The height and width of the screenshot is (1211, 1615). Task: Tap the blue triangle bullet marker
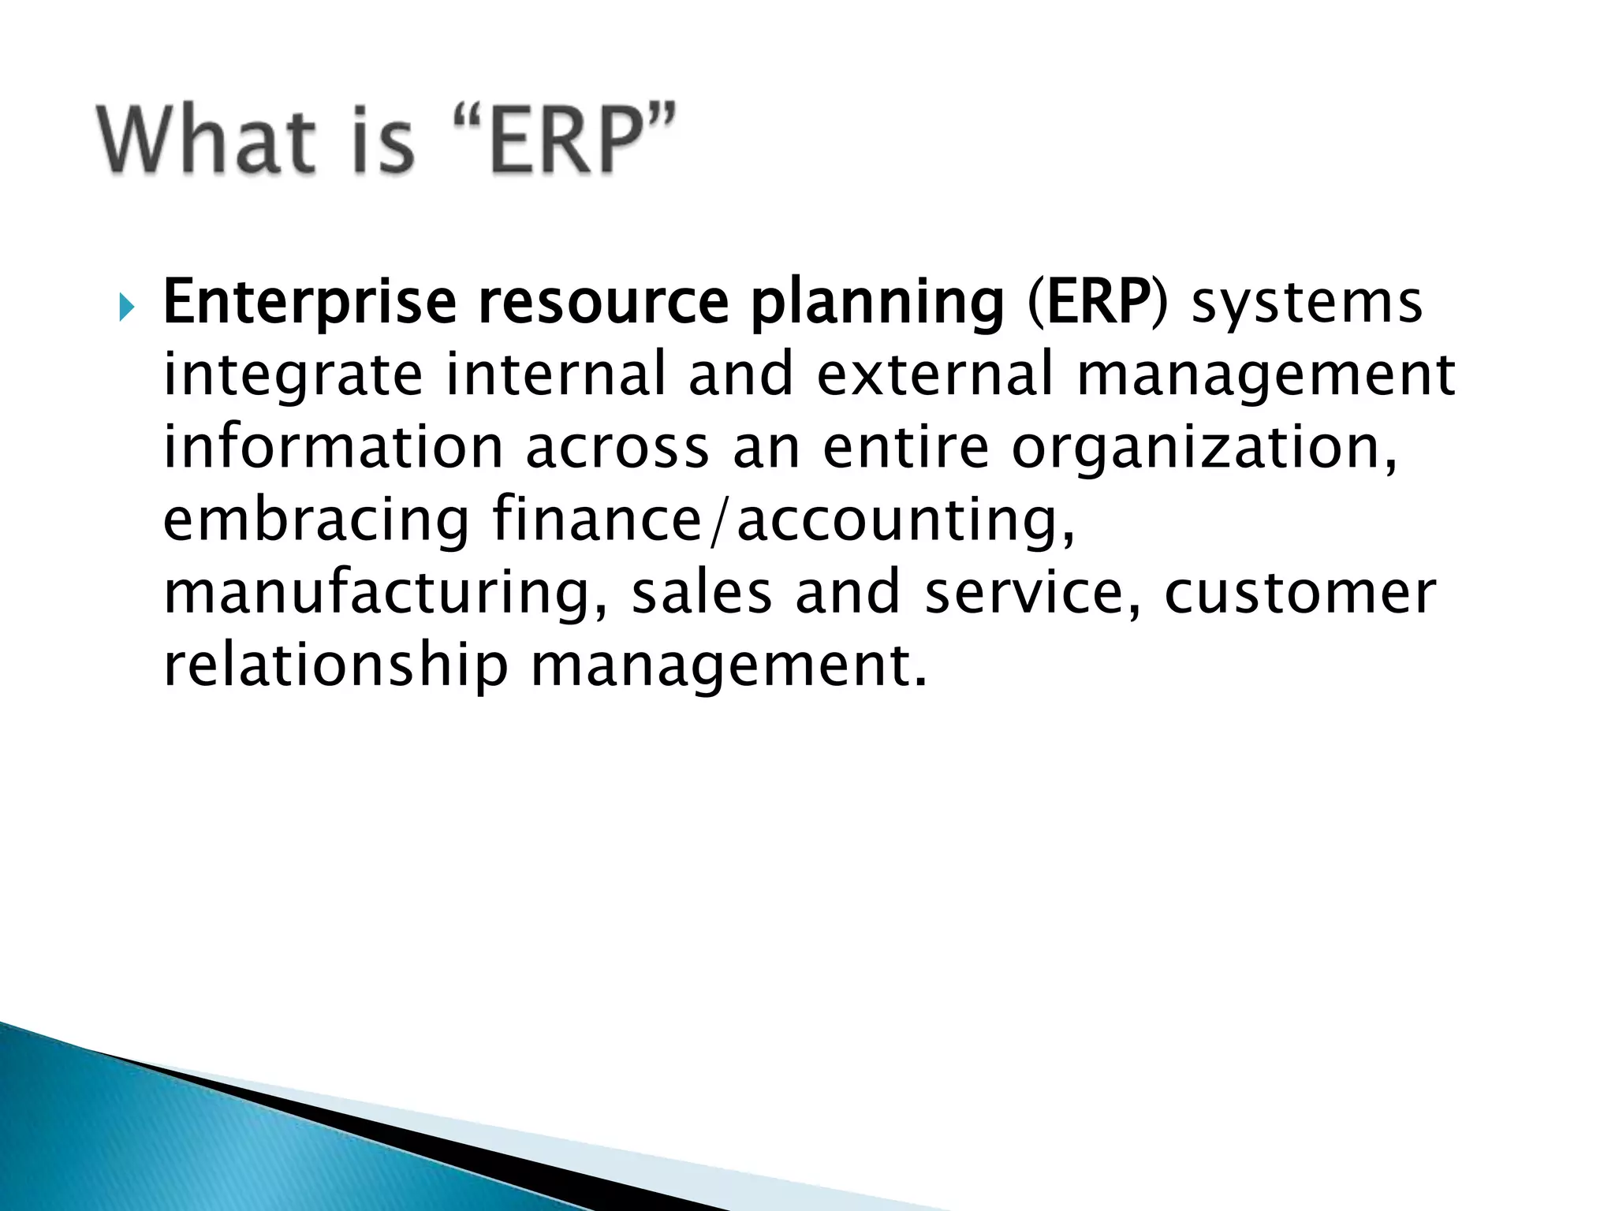[x=126, y=306]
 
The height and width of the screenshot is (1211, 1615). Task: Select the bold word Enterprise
[x=309, y=303]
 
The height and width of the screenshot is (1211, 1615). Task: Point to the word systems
[x=1306, y=303]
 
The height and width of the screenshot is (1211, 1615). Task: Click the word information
[x=333, y=447]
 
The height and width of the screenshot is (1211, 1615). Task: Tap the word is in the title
[x=384, y=140]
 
